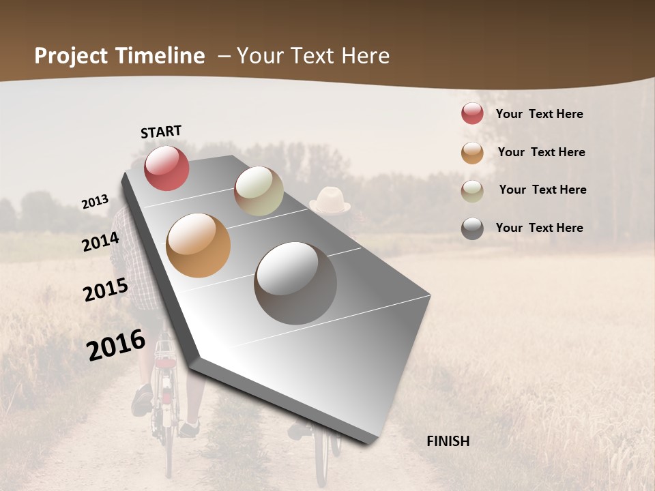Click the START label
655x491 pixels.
161,132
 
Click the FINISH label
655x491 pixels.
448,441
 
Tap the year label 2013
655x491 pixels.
95,202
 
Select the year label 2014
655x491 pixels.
101,241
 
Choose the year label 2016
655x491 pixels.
116,345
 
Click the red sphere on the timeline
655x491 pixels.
166,168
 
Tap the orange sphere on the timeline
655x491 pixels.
199,245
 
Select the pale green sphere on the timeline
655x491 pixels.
259,191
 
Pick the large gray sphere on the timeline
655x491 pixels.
295,283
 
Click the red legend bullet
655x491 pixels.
472,113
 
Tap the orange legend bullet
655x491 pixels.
472,153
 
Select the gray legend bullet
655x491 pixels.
472,228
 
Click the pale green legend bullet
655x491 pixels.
472,191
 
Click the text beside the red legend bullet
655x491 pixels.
539,114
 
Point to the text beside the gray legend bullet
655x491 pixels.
539,228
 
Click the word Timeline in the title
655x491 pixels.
160,56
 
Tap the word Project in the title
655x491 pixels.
72,56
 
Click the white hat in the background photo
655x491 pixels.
330,200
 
